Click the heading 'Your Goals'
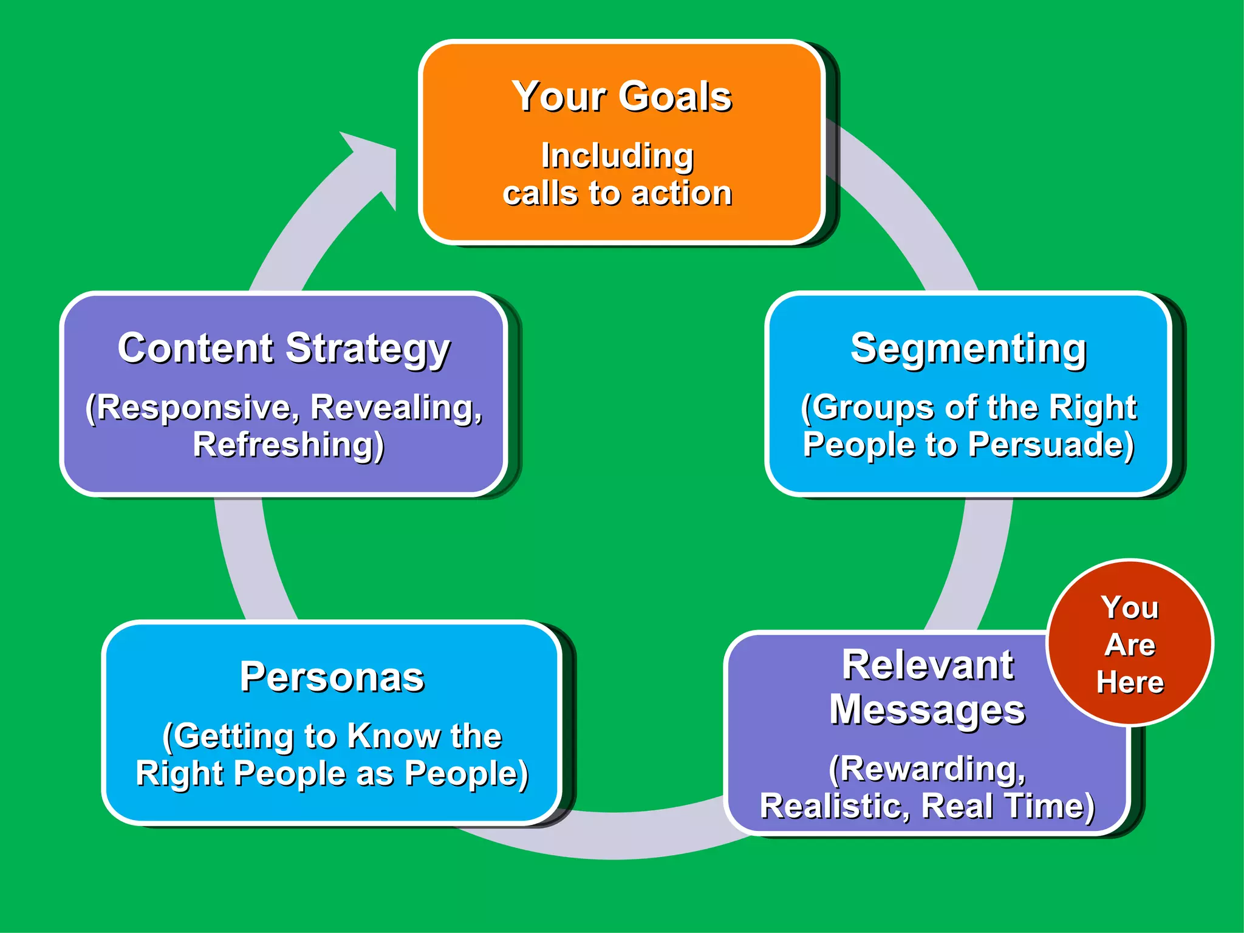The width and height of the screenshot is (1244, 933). coord(621,97)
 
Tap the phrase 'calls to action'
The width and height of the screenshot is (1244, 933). coord(617,194)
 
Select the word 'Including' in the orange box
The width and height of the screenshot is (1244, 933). coord(617,155)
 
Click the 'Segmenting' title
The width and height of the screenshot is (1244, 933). coord(968,349)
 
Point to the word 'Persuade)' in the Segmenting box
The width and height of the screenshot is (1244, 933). coord(1051,445)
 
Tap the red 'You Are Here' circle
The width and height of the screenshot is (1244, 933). coord(1130,643)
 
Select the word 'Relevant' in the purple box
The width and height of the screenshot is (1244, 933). coord(928,665)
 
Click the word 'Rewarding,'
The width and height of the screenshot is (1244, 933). coord(928,769)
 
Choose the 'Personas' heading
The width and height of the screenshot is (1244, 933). coord(332,677)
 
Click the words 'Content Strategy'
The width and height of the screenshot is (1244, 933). coord(284,349)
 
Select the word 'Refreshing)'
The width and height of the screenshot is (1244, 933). coord(289,445)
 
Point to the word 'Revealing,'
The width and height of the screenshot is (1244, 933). coord(396,407)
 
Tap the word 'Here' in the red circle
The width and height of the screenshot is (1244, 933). coord(1130,682)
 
